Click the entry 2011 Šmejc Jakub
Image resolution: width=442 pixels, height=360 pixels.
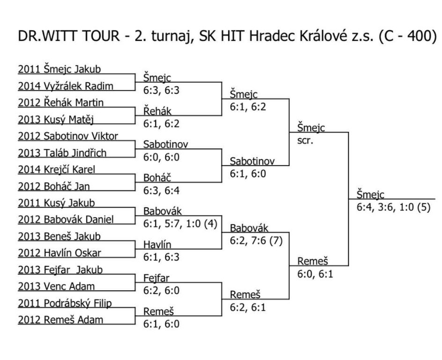click(59, 69)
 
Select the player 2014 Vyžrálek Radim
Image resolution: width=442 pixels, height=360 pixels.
click(66, 86)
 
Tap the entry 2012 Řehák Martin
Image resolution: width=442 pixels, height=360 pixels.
click(61, 103)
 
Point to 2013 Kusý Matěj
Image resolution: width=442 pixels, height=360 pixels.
click(56, 120)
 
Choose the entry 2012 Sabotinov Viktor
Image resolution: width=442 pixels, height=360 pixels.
click(68, 136)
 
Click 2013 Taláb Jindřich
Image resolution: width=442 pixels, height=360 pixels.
click(62, 153)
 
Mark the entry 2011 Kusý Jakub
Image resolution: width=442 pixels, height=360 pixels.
click(56, 203)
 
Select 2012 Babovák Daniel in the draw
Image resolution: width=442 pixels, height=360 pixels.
click(66, 220)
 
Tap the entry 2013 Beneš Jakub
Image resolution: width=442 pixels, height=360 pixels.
click(59, 236)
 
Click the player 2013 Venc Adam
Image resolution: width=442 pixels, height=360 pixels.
click(56, 287)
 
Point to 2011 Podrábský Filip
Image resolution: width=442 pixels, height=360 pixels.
click(65, 304)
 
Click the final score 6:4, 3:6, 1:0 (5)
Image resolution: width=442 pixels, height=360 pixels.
click(393, 208)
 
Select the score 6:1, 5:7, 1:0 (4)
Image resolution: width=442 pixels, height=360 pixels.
click(180, 224)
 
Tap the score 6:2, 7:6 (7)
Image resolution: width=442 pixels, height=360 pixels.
click(256, 241)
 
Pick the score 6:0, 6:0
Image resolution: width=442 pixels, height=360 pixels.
click(161, 157)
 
